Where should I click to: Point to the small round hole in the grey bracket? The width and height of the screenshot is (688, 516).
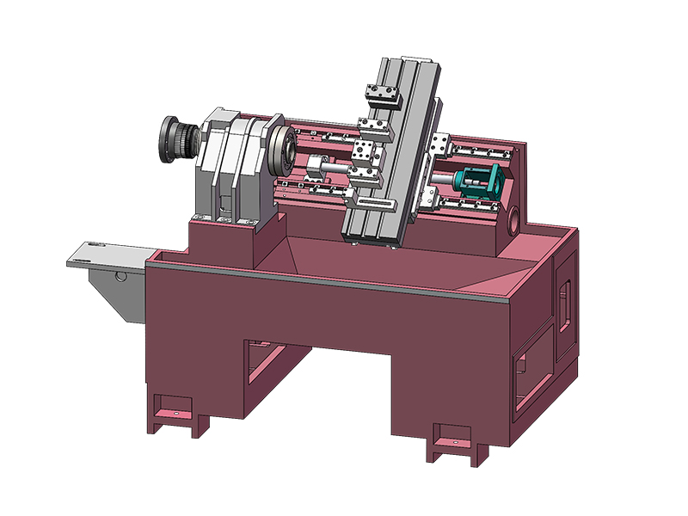pyautogui.click(x=120, y=276)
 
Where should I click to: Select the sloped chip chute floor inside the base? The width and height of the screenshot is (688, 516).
pyautogui.click(x=344, y=258)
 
